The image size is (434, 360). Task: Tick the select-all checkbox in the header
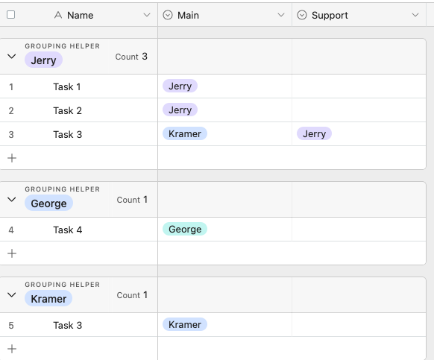(x=10, y=15)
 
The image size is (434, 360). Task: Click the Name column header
(x=80, y=15)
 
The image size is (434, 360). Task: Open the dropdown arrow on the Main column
(x=281, y=15)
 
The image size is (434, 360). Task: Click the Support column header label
(x=330, y=15)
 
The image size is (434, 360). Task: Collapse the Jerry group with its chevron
(x=12, y=57)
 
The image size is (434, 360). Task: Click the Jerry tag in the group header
(x=43, y=60)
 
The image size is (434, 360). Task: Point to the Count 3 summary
(x=131, y=57)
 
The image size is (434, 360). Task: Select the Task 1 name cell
(x=66, y=86)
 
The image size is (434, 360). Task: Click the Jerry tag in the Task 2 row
(x=180, y=110)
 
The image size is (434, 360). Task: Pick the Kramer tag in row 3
(x=185, y=133)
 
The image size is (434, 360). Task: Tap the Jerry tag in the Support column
(x=314, y=133)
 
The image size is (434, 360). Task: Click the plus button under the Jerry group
(x=12, y=158)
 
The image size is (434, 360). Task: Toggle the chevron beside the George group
(x=12, y=200)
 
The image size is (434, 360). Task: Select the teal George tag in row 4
(x=185, y=229)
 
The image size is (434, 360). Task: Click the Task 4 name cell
(x=68, y=230)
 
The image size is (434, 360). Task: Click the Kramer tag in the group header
(x=48, y=299)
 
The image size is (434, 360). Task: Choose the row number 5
(x=11, y=326)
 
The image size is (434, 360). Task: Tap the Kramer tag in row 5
(x=185, y=324)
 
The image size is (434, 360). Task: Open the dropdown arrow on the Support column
(x=415, y=15)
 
